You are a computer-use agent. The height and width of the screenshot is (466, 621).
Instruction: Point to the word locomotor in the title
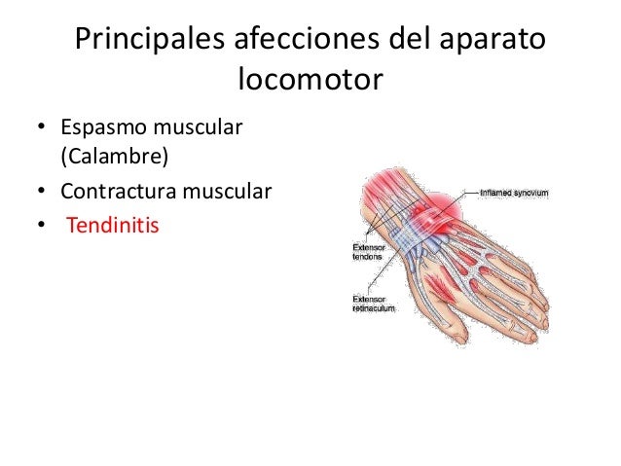pos(310,81)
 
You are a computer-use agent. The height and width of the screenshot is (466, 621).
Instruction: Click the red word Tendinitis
pos(112,226)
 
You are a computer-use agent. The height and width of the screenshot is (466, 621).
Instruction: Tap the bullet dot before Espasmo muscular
pos(41,128)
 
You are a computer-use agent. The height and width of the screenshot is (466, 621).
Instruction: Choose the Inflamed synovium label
pos(513,193)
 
